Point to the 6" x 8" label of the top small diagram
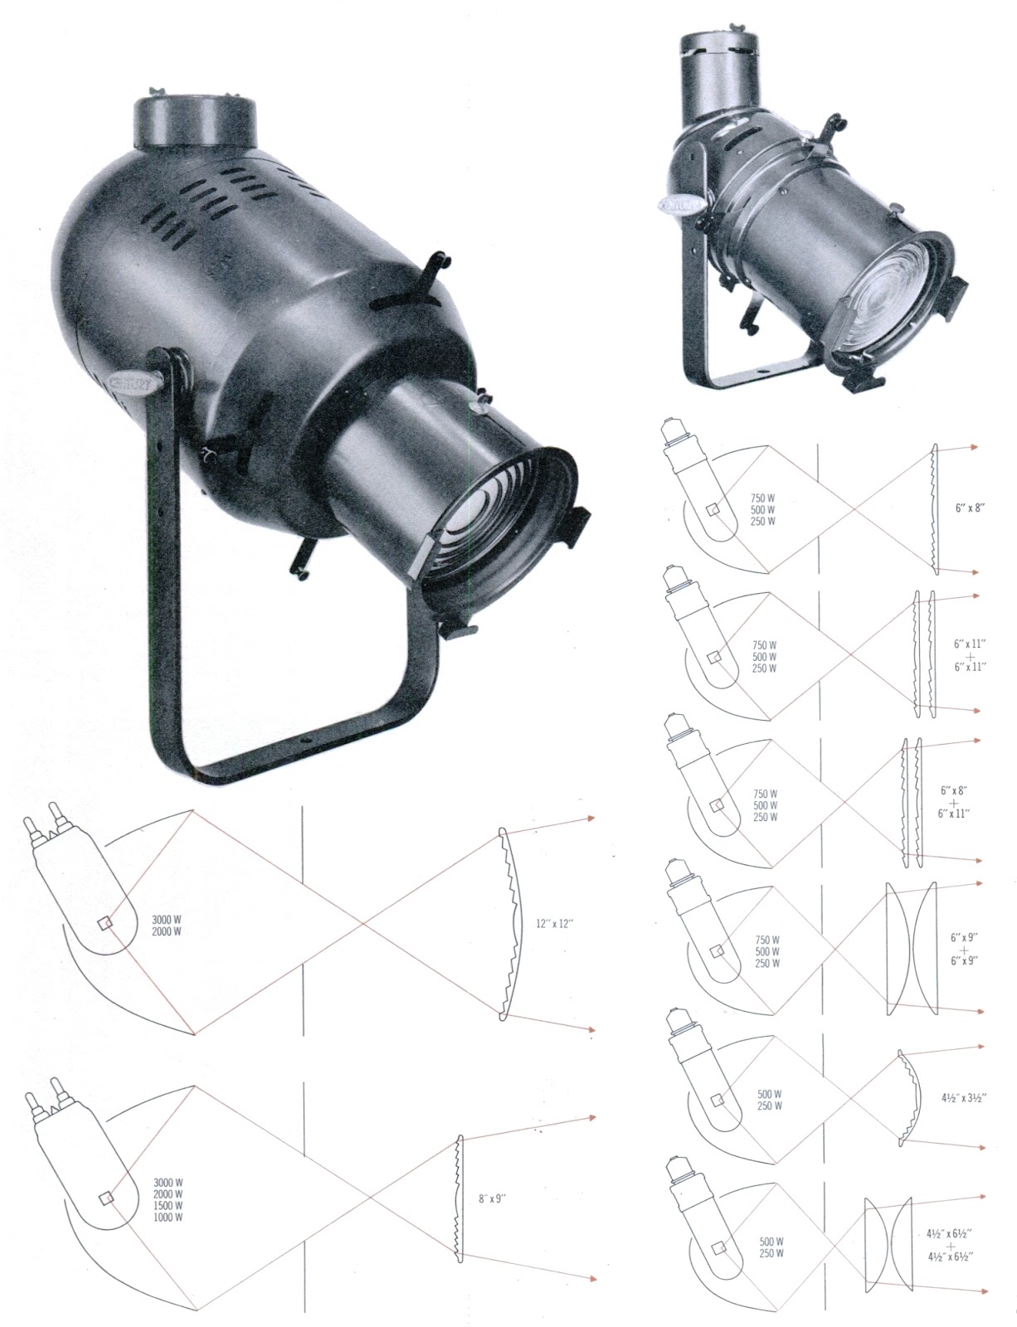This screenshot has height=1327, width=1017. (x=970, y=508)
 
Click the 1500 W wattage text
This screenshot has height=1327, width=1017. (x=168, y=1205)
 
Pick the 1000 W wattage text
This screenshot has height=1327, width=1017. (x=168, y=1218)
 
